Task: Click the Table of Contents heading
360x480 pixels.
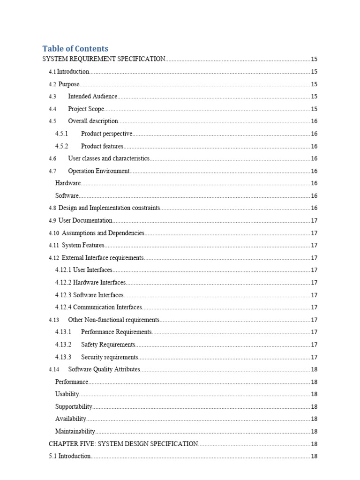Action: pyautogui.click(x=75, y=49)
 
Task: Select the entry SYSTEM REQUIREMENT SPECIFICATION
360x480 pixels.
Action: pyautogui.click(x=104, y=59)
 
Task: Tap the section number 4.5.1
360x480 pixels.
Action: pyautogui.click(x=62, y=134)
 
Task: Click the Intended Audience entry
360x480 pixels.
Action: pyautogui.click(x=92, y=97)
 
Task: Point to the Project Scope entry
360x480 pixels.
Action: pyautogui.click(x=86, y=109)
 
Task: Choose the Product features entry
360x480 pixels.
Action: pyautogui.click(x=102, y=146)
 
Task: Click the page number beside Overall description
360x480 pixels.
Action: pyautogui.click(x=314, y=121)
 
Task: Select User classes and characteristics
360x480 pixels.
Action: pyautogui.click(x=109, y=158)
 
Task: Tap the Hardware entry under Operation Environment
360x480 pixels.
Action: pyautogui.click(x=68, y=183)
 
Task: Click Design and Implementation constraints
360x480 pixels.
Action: pyautogui.click(x=109, y=208)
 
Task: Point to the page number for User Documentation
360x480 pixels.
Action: pyautogui.click(x=314, y=220)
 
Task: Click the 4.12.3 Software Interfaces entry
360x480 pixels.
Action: pyautogui.click(x=90, y=295)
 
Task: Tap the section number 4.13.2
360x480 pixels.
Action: pyautogui.click(x=63, y=345)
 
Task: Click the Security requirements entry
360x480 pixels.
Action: pyautogui.click(x=109, y=357)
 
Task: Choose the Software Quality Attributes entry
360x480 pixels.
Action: pyautogui.click(x=104, y=369)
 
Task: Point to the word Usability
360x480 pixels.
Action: pyautogui.click(x=67, y=394)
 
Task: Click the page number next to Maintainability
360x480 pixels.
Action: pyautogui.click(x=314, y=432)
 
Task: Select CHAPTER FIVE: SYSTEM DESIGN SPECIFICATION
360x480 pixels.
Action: pyautogui.click(x=123, y=444)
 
